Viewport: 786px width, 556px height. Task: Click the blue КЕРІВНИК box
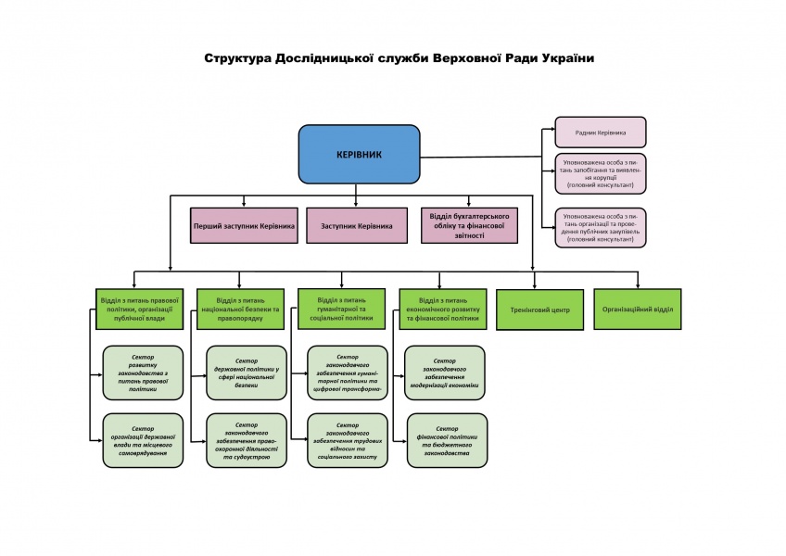pyautogui.click(x=359, y=154)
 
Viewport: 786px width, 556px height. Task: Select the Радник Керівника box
pyautogui.click(x=600, y=133)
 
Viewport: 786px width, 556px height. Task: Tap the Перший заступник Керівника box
pyautogui.click(x=244, y=225)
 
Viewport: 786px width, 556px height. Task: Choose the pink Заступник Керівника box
pyautogui.click(x=357, y=225)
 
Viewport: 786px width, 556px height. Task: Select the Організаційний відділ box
pyautogui.click(x=638, y=309)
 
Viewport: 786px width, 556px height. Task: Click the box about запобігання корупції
pyautogui.click(x=600, y=173)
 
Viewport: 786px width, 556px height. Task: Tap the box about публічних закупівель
pyautogui.click(x=600, y=227)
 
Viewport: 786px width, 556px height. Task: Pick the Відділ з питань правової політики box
pyautogui.click(x=139, y=309)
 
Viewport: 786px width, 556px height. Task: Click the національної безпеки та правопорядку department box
pyautogui.click(x=240, y=309)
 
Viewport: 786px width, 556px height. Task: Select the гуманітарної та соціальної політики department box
pyautogui.click(x=341, y=309)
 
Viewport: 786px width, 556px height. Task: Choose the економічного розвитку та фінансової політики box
pyautogui.click(x=442, y=309)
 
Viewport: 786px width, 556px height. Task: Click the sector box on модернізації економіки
pyautogui.click(x=445, y=373)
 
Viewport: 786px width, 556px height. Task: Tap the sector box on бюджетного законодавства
pyautogui.click(x=445, y=440)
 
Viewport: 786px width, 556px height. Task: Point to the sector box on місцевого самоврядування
pyautogui.click(x=143, y=440)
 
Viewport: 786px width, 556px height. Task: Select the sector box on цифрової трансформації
pyautogui.click(x=348, y=373)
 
